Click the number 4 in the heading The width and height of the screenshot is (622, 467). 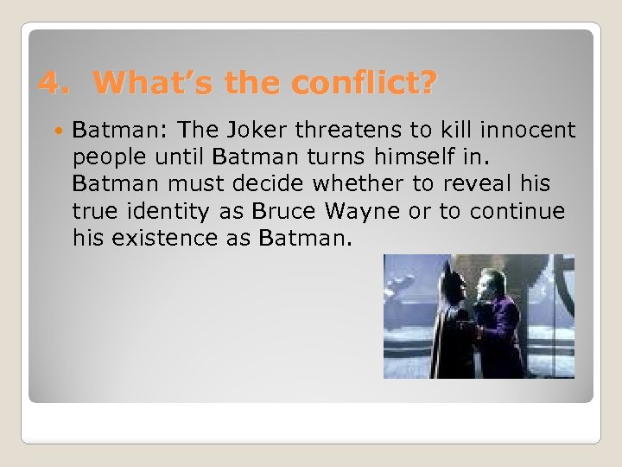(51, 83)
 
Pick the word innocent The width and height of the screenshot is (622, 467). (529, 131)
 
